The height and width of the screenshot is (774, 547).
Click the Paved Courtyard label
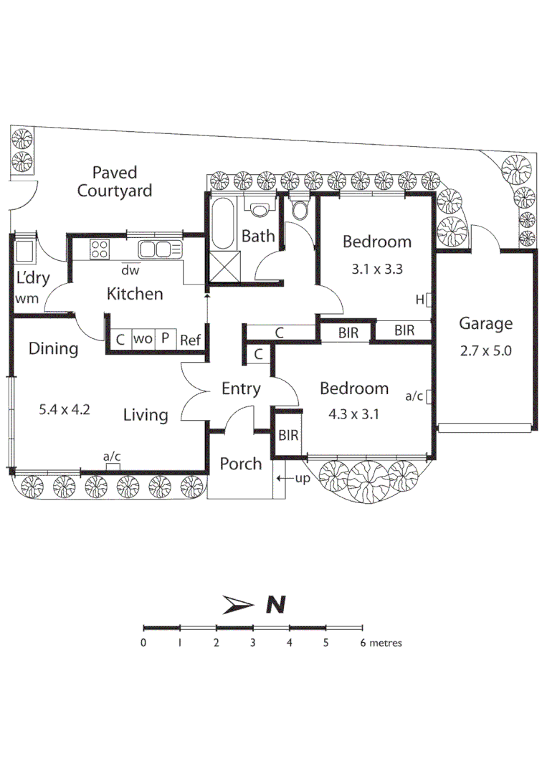point(115,181)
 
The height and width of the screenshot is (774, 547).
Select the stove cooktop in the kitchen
point(100,249)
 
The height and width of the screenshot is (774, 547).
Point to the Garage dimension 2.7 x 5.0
point(485,352)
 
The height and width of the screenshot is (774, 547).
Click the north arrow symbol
point(239,605)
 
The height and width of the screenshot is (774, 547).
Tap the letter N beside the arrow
point(275,605)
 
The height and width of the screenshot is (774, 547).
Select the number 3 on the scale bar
point(252,643)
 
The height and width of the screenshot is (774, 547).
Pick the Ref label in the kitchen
point(191,340)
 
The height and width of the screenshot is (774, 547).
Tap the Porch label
point(240,464)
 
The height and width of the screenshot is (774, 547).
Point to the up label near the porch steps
point(303,478)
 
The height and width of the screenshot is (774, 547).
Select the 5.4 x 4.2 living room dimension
point(64,411)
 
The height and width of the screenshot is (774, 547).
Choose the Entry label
point(240,388)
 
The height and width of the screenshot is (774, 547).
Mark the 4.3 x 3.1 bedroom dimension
point(353,414)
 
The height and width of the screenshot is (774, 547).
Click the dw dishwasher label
point(130,270)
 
